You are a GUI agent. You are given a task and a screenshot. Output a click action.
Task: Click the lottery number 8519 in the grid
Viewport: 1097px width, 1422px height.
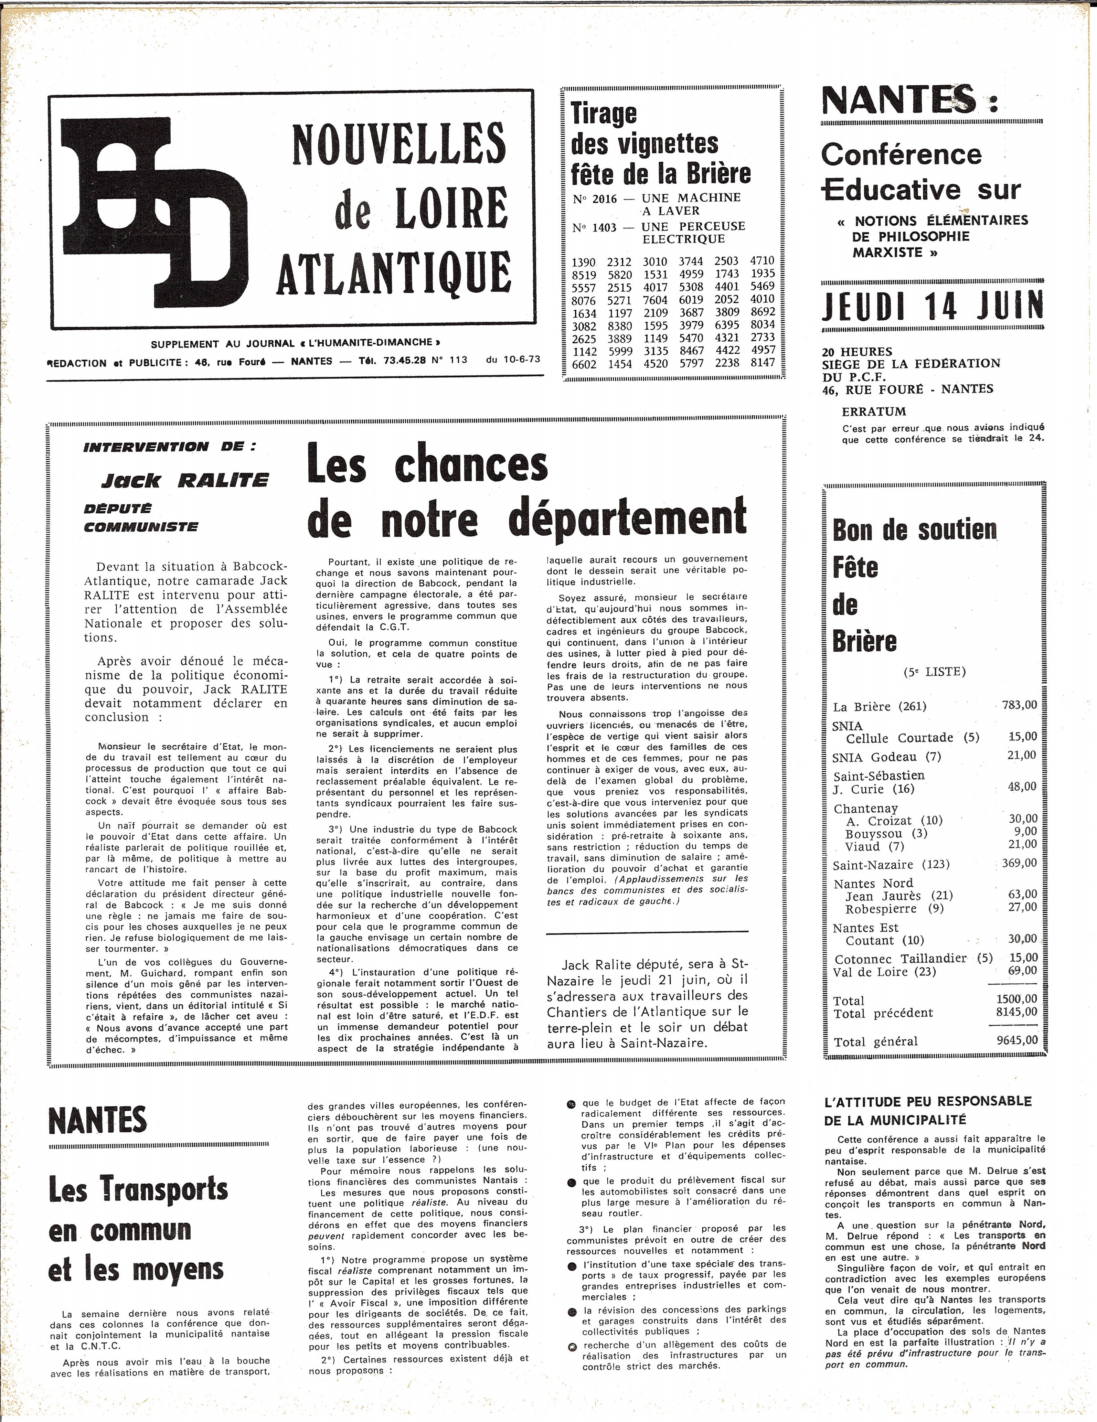583,275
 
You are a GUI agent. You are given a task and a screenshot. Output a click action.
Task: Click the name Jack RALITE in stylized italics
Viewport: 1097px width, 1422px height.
184,481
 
